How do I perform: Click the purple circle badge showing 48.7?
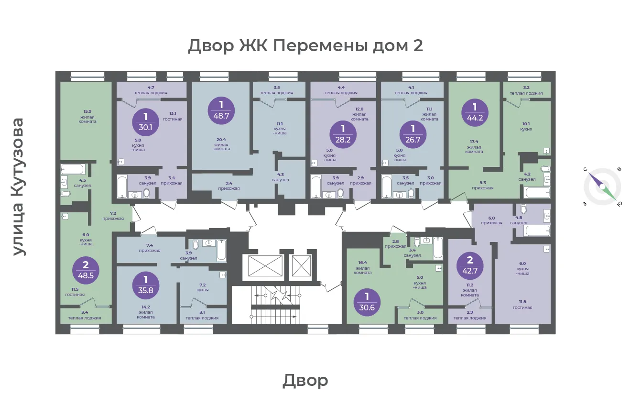221,111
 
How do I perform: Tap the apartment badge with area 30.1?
145,122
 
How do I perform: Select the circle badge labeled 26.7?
413,135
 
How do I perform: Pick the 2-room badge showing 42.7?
470,266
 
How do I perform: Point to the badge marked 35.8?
146,285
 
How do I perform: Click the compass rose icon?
602,187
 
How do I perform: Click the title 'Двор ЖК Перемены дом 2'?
305,45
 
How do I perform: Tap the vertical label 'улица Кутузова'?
18,187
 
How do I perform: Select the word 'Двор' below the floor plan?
305,380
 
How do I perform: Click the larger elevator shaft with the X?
265,266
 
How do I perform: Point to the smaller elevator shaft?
302,266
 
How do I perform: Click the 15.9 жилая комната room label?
87,116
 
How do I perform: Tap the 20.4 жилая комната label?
221,144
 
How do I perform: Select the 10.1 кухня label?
526,127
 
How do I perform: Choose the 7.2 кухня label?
203,287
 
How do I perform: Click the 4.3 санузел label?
280,177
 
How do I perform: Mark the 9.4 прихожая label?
228,186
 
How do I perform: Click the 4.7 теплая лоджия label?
151,90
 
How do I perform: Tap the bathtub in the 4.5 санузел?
73,169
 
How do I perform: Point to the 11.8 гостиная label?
522,305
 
